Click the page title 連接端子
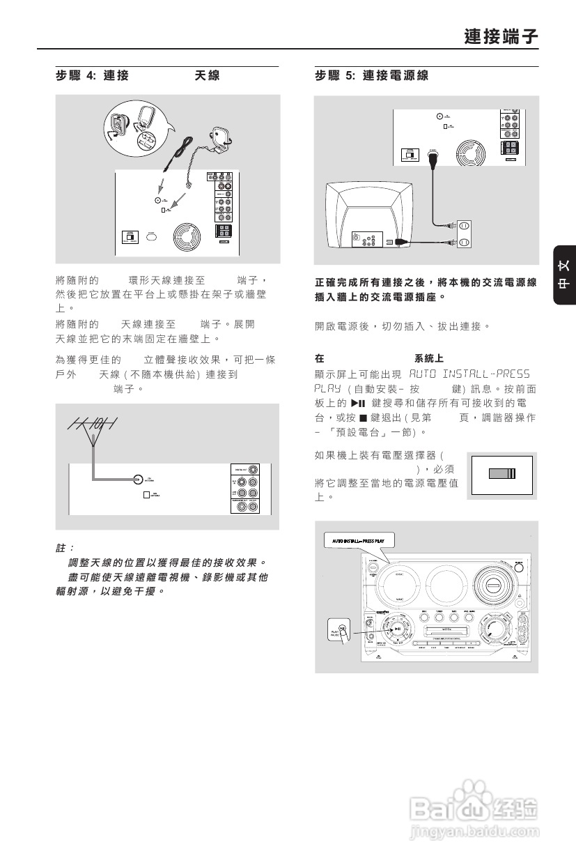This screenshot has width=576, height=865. pyautogui.click(x=501, y=36)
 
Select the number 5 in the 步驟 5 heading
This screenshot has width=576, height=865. pyautogui.click(x=350, y=75)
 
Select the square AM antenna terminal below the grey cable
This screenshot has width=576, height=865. pyautogui.click(x=146, y=495)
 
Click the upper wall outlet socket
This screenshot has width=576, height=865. pyautogui.click(x=464, y=227)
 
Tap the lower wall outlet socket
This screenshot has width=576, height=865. pyautogui.click(x=464, y=243)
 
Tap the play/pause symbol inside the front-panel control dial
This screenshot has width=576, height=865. pyautogui.click(x=397, y=628)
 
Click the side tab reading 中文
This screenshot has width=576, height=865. pyautogui.click(x=564, y=275)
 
